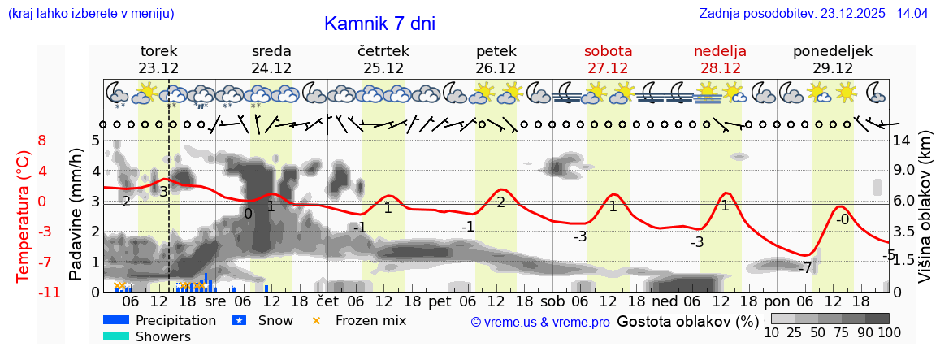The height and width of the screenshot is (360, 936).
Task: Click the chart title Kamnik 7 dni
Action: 379,24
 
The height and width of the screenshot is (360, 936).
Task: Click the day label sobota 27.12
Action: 609,59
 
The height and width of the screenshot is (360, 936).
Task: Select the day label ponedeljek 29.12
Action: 833,59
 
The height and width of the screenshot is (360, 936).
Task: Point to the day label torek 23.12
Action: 158,59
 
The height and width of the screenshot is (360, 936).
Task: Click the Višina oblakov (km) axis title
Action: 925,215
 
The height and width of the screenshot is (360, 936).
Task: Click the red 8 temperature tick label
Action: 42,141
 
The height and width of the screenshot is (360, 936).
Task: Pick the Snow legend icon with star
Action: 240,320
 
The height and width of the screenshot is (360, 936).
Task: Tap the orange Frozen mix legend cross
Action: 317,320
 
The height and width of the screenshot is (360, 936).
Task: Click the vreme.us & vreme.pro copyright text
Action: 540,322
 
